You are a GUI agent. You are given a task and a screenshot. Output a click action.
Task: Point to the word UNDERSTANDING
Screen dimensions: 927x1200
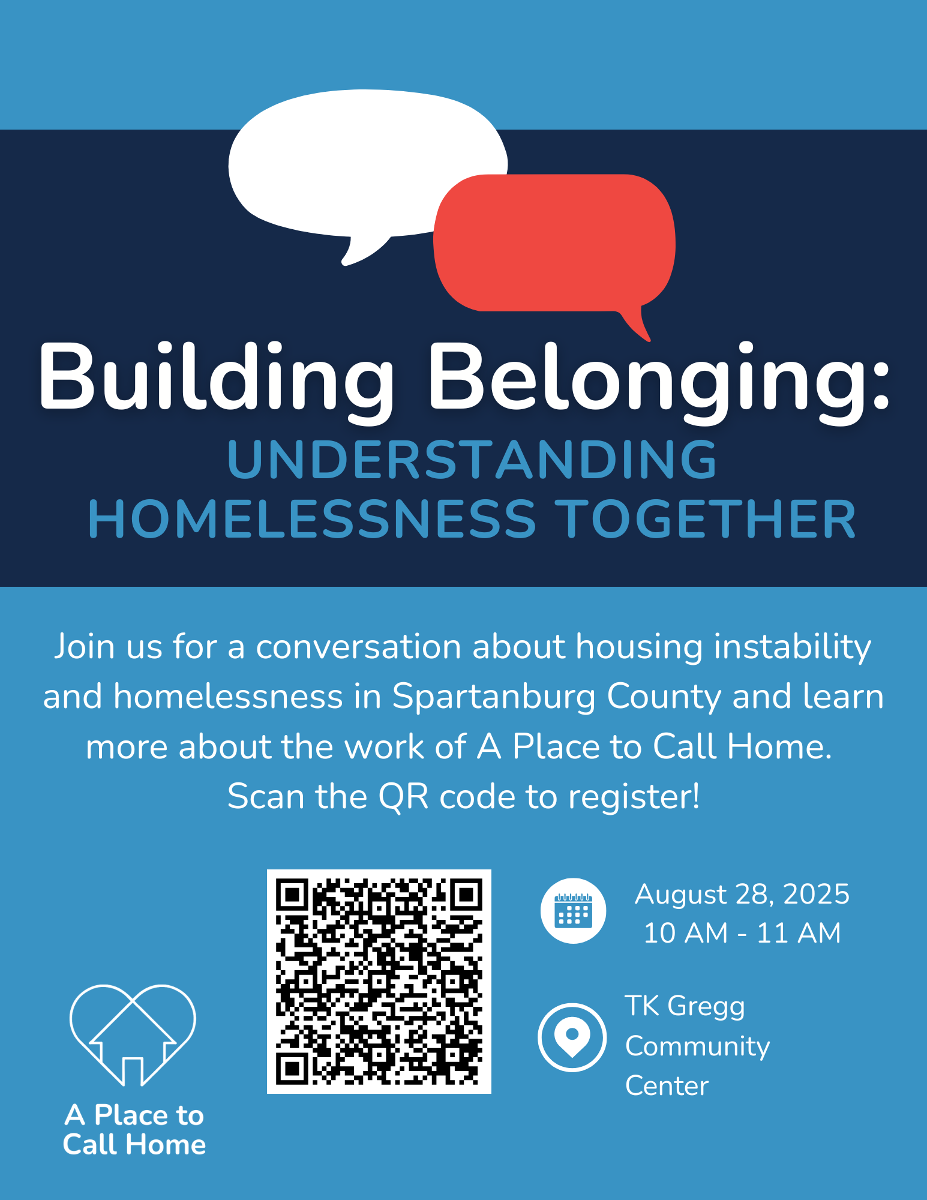click(x=472, y=460)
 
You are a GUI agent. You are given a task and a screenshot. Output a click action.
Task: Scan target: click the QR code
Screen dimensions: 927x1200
click(x=379, y=982)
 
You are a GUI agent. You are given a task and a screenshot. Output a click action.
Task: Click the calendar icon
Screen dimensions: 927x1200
click(x=573, y=911)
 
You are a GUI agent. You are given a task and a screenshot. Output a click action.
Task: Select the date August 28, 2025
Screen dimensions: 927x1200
click(x=742, y=895)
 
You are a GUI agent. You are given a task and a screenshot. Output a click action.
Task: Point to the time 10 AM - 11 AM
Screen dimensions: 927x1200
click(x=742, y=933)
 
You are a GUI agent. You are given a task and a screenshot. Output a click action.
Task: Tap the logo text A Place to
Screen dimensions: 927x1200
click(x=134, y=1115)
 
